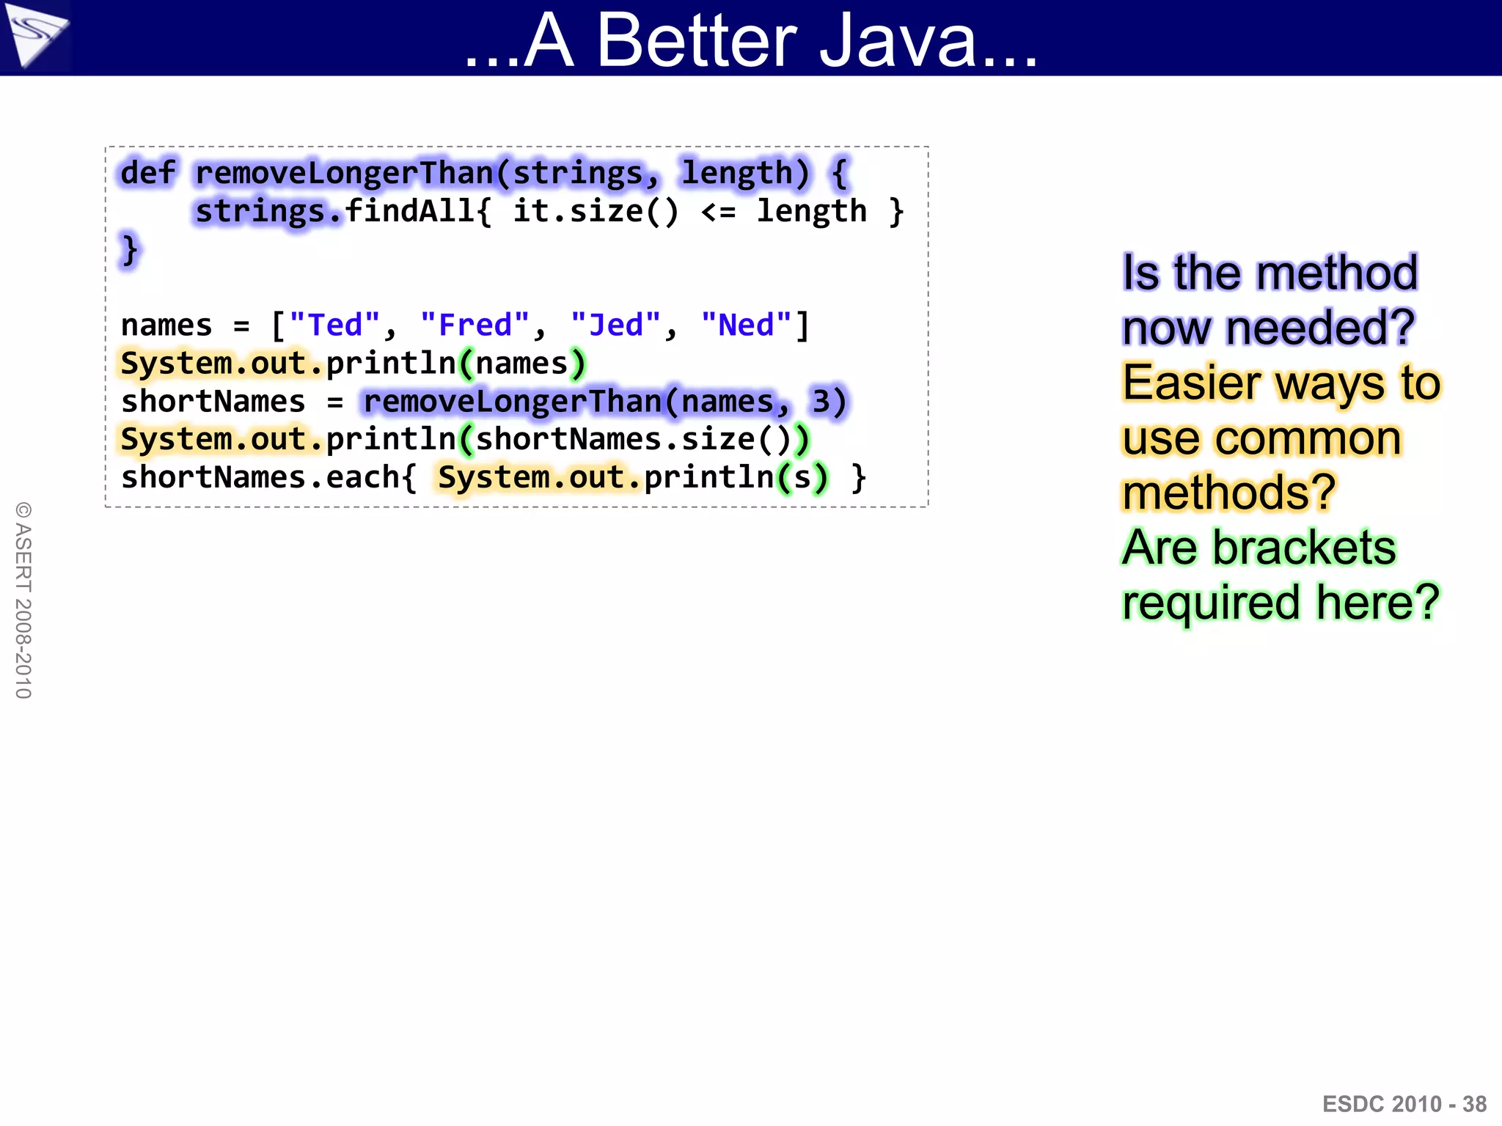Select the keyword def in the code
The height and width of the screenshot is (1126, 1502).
click(147, 173)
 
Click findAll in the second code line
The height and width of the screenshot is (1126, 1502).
click(410, 211)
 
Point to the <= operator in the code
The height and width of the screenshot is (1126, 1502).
click(718, 211)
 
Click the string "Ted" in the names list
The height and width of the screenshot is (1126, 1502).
click(335, 325)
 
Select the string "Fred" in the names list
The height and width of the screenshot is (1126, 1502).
click(475, 325)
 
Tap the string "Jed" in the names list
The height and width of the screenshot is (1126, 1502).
click(615, 325)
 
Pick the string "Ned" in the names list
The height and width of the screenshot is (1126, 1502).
click(747, 325)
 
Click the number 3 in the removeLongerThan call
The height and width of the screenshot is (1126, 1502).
click(820, 401)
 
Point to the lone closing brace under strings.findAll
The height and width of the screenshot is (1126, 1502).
click(130, 249)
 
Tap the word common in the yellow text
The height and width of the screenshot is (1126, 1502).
click(1308, 438)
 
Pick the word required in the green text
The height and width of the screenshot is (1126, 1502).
click(1213, 603)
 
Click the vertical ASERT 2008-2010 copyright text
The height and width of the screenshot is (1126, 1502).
click(23, 600)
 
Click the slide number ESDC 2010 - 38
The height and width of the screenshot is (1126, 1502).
click(1404, 1103)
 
